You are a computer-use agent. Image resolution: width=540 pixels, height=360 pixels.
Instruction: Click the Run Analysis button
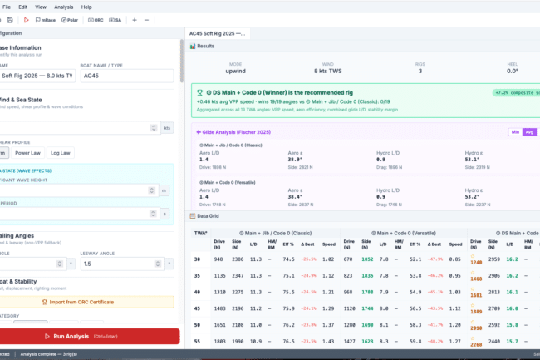pos(89,336)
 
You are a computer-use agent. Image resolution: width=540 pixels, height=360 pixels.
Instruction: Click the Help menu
pos(86,6)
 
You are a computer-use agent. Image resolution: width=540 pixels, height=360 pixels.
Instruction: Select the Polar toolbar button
pos(68,19)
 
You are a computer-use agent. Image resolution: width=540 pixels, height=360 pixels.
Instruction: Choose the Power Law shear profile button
pos(28,153)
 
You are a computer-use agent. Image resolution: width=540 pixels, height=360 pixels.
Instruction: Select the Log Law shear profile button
pos(61,153)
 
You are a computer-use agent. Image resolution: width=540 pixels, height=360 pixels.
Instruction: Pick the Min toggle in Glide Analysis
pos(515,131)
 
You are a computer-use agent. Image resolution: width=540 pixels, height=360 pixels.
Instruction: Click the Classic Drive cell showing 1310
pos(220,292)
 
